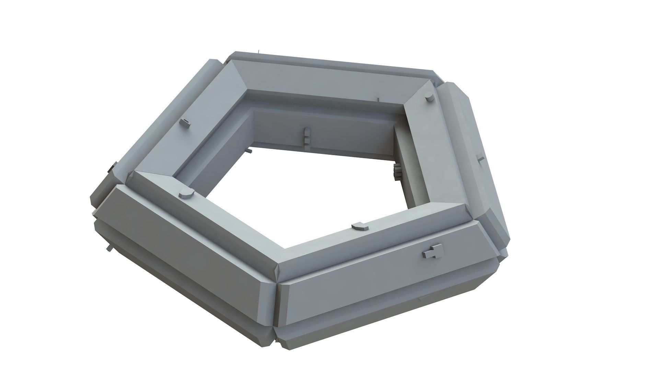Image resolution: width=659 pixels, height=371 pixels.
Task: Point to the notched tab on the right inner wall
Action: (x=397, y=171)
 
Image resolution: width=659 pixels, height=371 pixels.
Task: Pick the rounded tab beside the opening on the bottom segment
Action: (x=360, y=226)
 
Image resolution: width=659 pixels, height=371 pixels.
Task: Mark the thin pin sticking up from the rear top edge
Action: (x=258, y=52)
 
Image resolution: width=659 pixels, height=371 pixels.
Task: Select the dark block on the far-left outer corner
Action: (x=111, y=168)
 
